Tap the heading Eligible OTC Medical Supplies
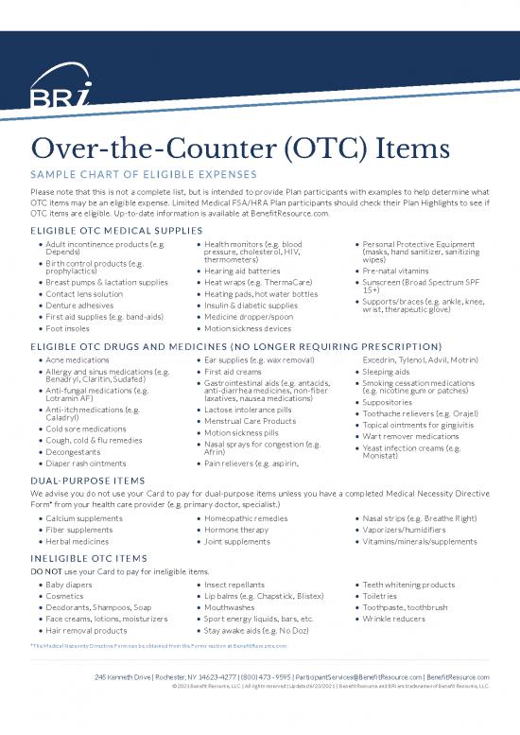point(116,230)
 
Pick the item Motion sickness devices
point(250,328)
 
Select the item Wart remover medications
point(411,436)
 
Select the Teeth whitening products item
point(409,585)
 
